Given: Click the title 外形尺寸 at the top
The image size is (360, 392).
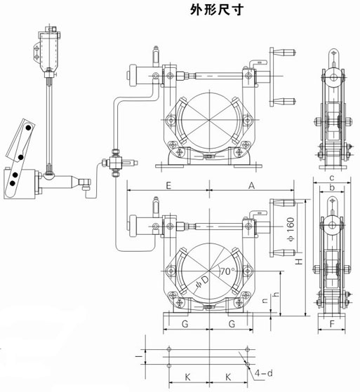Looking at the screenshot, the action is coord(216,11).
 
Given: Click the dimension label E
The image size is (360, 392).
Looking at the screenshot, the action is coord(168,186).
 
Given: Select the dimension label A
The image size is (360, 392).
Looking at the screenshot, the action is coord(252,186).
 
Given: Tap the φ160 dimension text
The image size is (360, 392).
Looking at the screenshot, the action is coord(291,229).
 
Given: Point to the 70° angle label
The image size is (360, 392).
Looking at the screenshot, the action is coord(227,271).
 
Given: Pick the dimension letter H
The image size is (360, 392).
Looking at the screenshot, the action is coord(299,262).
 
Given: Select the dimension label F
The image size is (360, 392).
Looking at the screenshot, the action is coord(332,324).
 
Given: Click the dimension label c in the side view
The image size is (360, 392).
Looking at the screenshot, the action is coord(332,178).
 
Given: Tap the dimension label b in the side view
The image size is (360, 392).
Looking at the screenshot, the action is coord(332,187).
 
